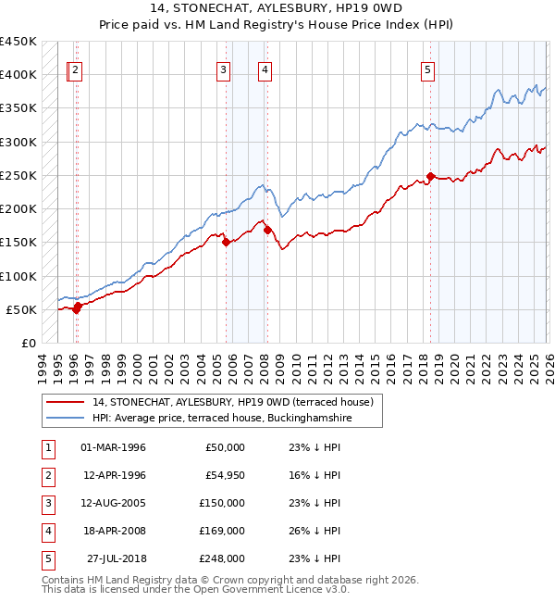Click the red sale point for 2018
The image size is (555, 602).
(x=431, y=176)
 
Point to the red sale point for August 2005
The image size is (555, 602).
(x=227, y=242)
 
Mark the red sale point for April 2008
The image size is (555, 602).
(x=268, y=230)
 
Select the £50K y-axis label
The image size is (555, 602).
(x=20, y=309)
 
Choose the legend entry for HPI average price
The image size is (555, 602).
(x=223, y=419)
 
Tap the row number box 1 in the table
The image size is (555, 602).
(x=47, y=447)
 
